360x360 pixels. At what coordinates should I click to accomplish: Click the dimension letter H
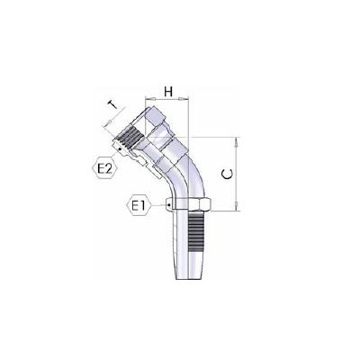pos(168,92)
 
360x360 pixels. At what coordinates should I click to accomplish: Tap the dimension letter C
pos(227,174)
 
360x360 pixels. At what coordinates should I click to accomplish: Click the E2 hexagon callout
pos(104,169)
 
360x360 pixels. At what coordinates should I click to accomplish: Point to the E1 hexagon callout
pos(139,206)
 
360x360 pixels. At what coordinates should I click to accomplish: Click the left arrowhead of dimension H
pos(149,98)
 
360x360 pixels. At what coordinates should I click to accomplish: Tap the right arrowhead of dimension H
pos(184,98)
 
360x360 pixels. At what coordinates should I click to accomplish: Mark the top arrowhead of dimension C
pos(237,141)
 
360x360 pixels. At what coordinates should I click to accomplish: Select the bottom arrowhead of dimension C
pos(237,206)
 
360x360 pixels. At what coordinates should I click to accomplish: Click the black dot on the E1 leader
pos(169,205)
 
